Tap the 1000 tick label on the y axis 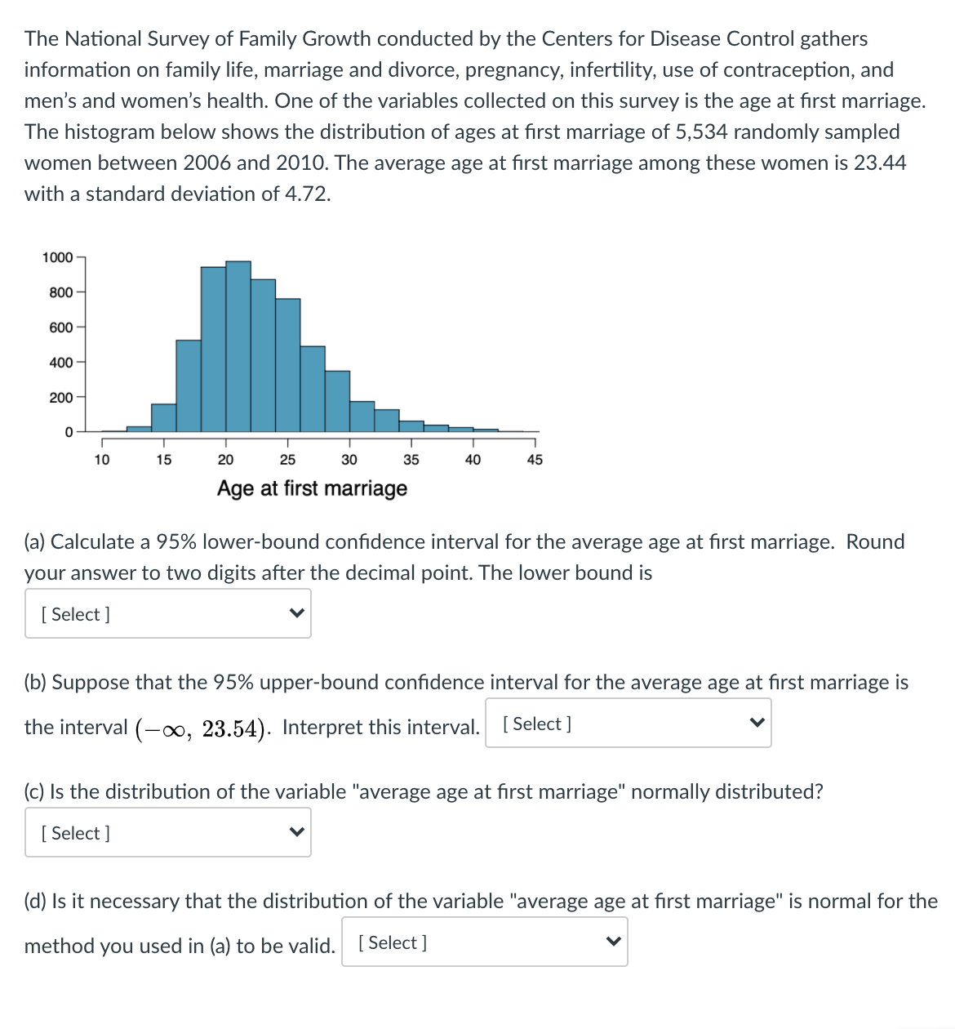click(57, 258)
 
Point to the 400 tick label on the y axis click(60, 363)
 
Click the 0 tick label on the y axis click(69, 432)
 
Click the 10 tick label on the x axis click(102, 460)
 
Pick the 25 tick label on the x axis click(287, 460)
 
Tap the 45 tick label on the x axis click(535, 460)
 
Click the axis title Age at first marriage click(312, 488)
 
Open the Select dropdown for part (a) click(168, 614)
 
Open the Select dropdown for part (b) click(629, 724)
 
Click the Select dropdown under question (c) click(168, 833)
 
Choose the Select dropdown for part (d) click(485, 942)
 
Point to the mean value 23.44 click(880, 163)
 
